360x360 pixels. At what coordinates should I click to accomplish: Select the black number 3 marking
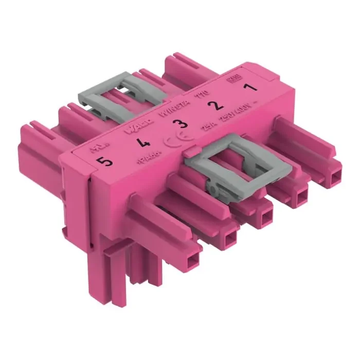[177, 123]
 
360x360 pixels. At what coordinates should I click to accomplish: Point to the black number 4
[140, 141]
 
